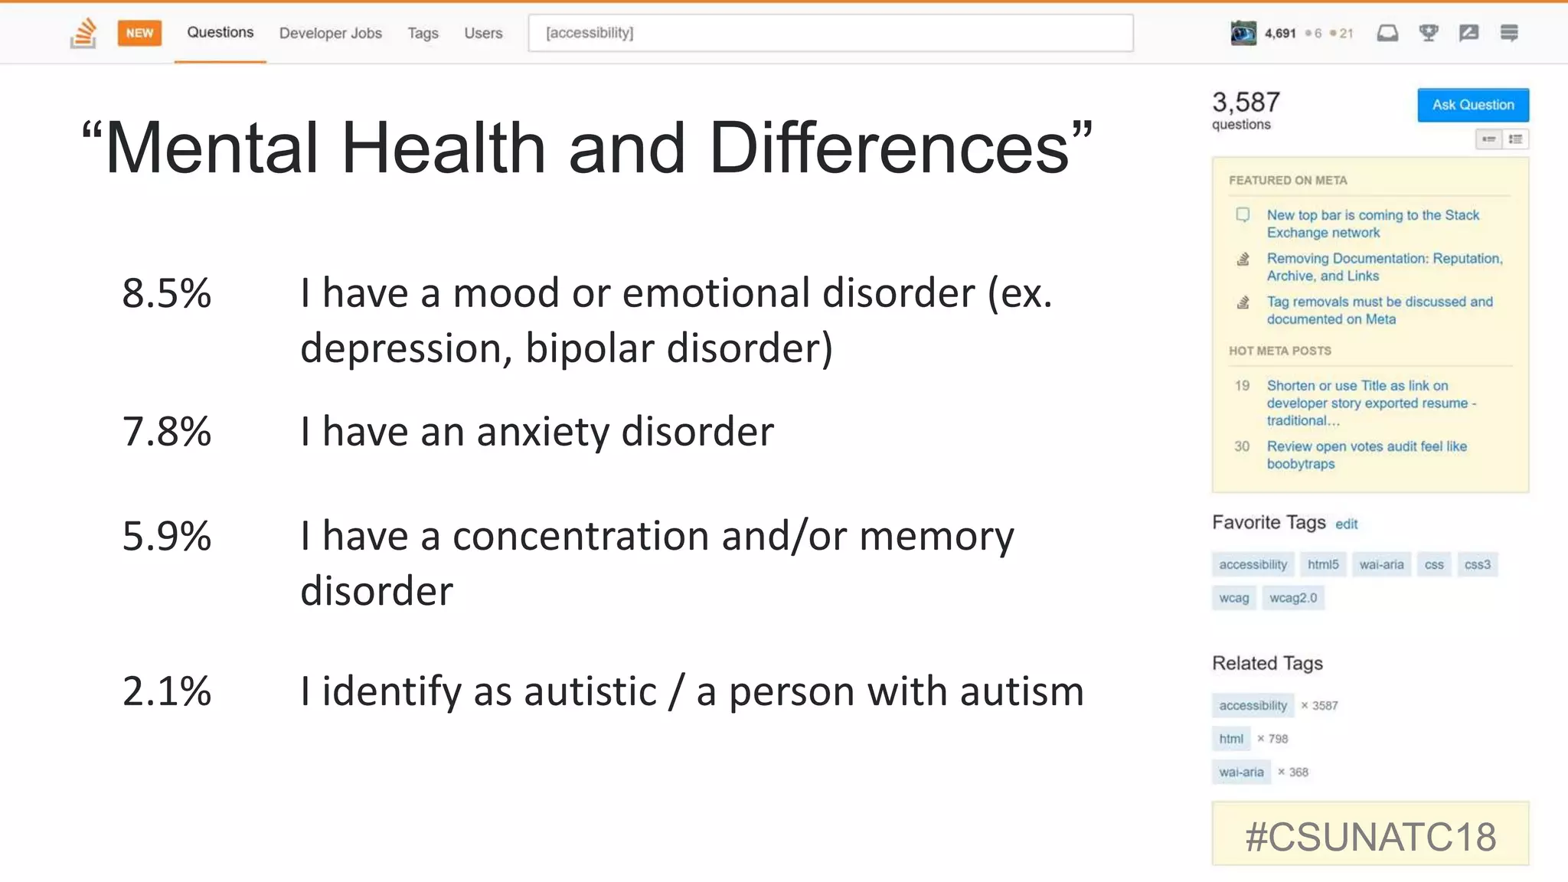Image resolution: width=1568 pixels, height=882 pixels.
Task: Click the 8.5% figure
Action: tap(166, 293)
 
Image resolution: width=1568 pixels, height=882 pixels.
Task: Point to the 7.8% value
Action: tap(166, 432)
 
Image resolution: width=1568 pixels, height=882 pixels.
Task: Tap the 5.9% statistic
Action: tap(166, 536)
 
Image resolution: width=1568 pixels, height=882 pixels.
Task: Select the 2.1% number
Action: tap(166, 691)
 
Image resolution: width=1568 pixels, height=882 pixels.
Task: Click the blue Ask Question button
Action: tap(1472, 105)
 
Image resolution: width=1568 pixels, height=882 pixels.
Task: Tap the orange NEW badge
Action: tap(139, 33)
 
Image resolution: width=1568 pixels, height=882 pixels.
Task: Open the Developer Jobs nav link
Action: tap(330, 33)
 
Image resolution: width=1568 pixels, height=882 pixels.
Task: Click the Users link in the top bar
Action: tap(483, 33)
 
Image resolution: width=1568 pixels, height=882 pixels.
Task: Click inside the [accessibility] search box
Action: tap(830, 33)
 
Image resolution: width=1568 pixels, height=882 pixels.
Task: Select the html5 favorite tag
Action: tap(1322, 564)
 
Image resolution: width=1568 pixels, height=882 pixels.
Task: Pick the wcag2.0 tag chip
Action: tap(1292, 598)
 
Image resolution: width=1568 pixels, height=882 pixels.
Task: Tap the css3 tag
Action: tap(1477, 564)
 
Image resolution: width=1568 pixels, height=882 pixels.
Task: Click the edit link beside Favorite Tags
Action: tap(1346, 524)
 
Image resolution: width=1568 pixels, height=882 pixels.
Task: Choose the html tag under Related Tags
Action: tap(1230, 739)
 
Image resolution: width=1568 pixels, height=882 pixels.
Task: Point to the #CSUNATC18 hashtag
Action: tap(1370, 836)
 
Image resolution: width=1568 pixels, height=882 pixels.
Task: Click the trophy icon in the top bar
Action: tap(1428, 33)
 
